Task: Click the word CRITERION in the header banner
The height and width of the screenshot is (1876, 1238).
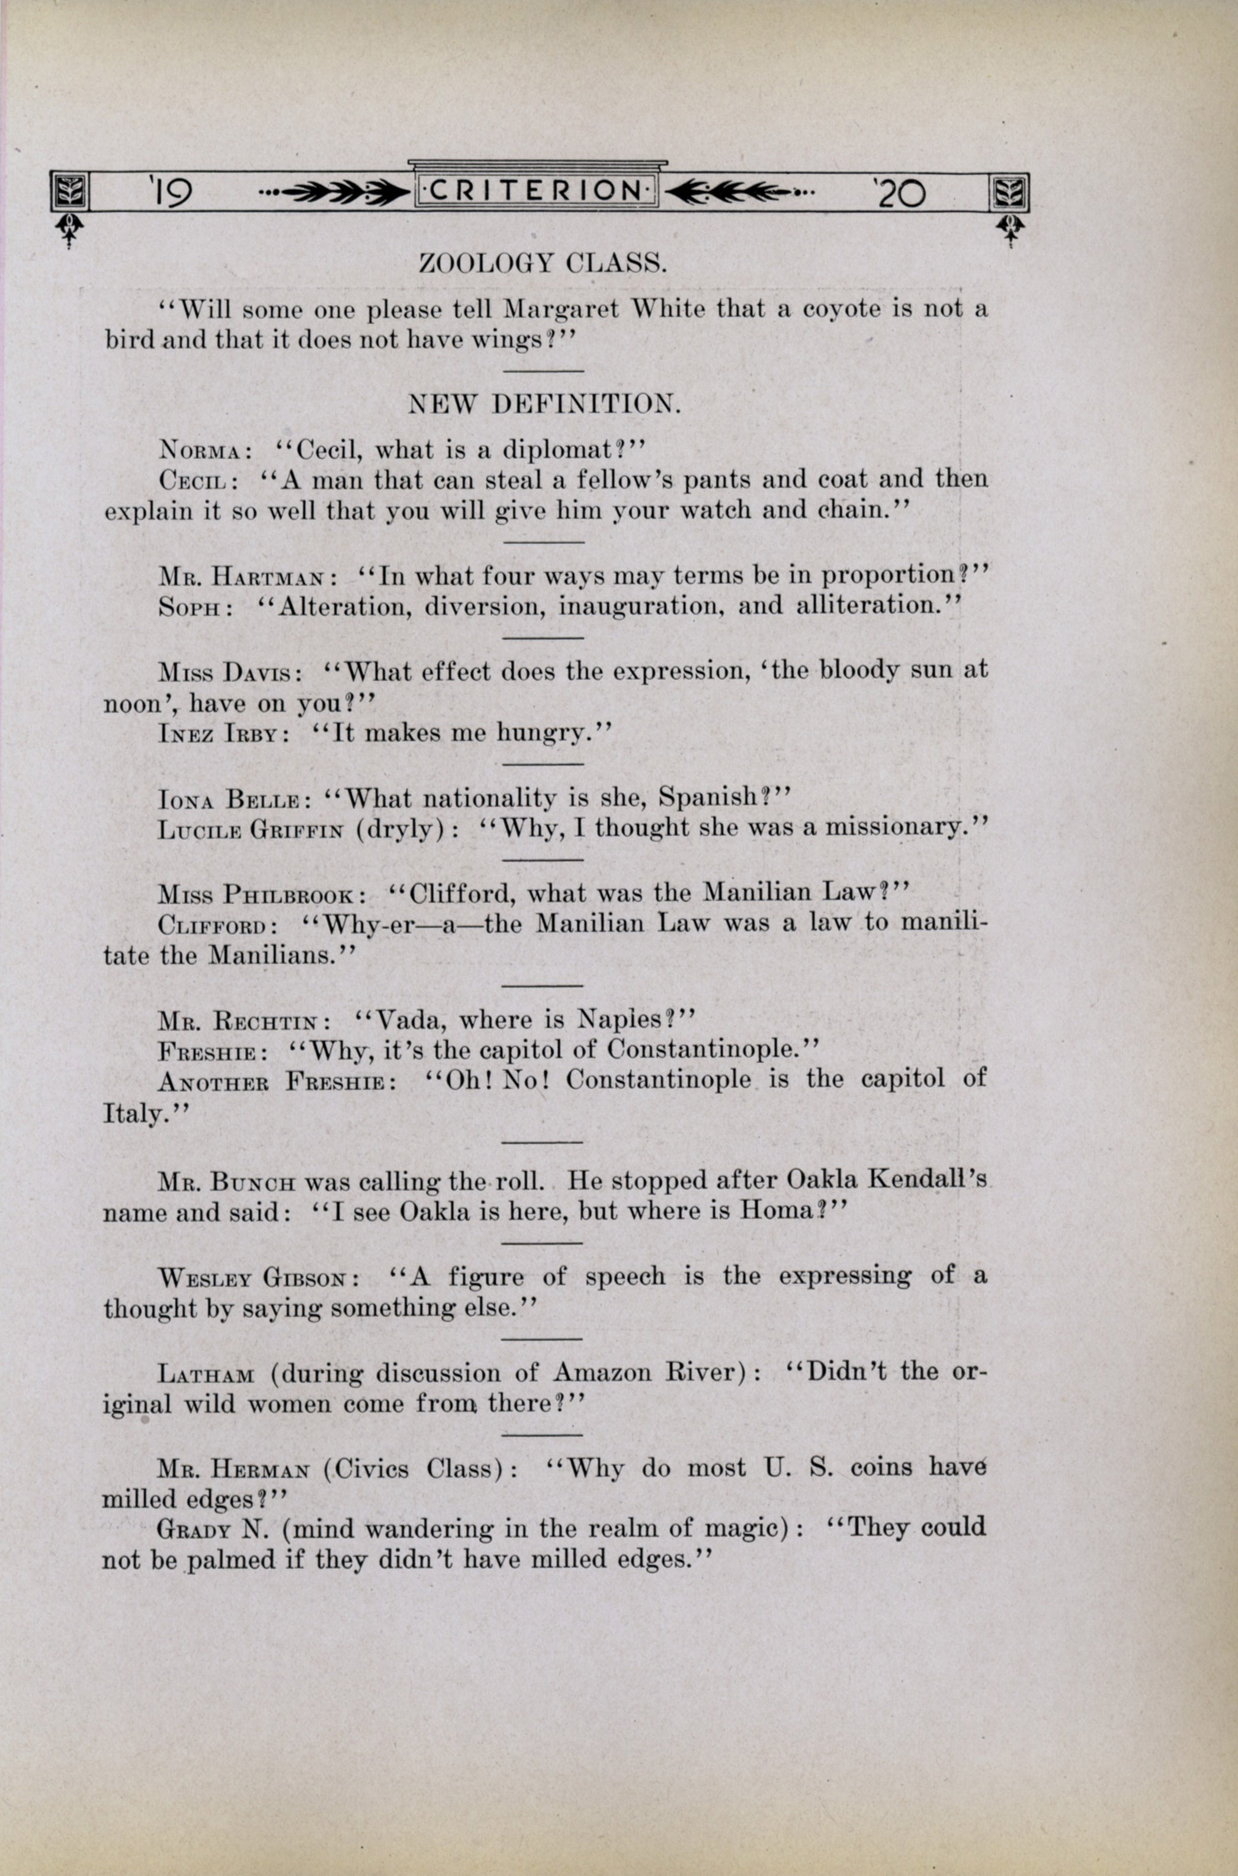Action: [x=536, y=191]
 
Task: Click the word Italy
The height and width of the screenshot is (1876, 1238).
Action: [x=134, y=1114]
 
